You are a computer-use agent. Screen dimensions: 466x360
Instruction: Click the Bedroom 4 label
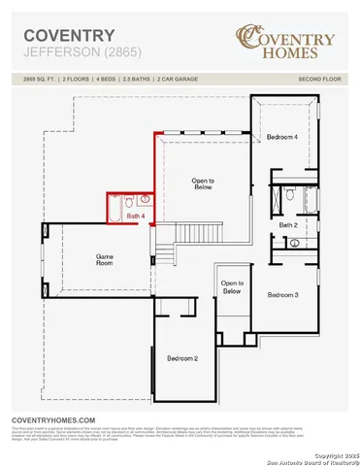tap(282, 138)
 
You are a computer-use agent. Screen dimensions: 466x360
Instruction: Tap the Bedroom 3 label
tap(282, 294)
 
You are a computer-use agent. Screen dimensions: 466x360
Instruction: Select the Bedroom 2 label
tap(182, 358)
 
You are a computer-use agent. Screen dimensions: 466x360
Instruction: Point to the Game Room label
tap(105, 260)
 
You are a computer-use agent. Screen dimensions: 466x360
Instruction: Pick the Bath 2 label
tap(288, 224)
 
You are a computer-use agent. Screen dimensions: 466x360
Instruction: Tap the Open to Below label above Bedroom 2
tap(231, 286)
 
